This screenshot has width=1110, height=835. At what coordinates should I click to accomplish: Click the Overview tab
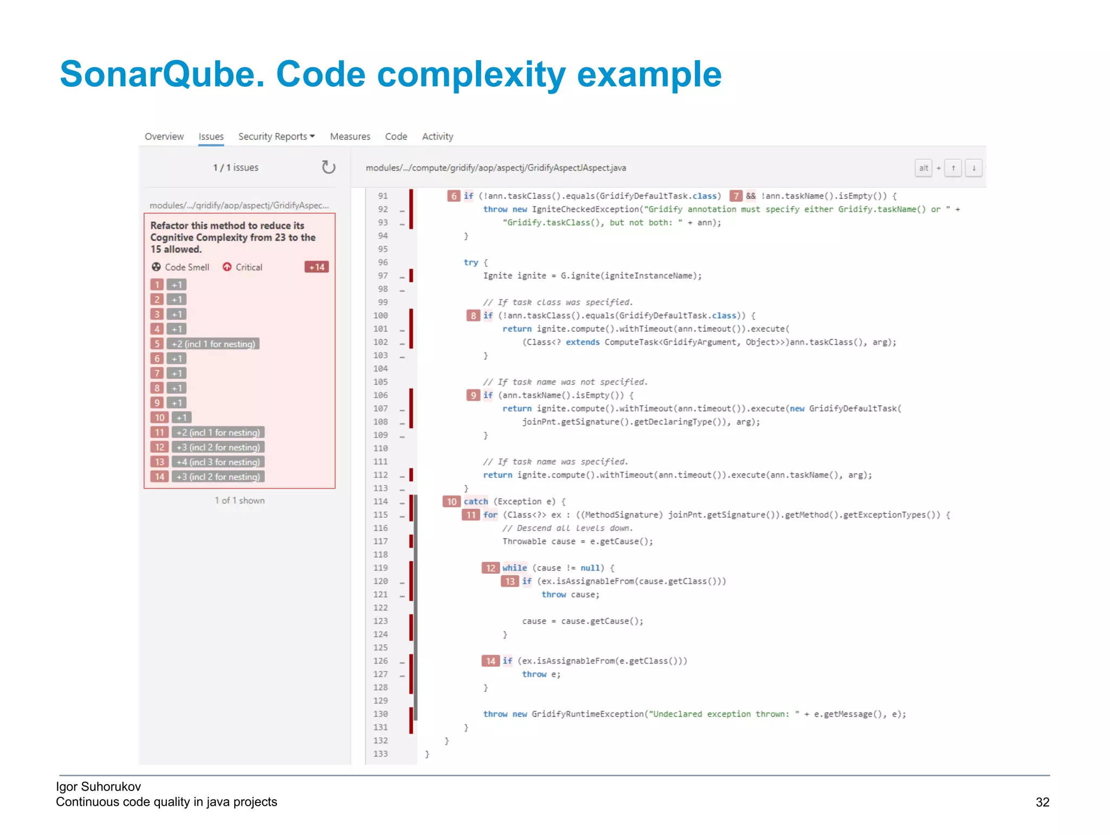tap(164, 137)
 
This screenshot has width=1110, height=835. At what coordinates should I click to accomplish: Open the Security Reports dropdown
tap(276, 137)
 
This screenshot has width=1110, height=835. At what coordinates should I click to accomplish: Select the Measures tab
tap(350, 137)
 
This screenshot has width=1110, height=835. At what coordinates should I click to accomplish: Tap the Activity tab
tap(437, 137)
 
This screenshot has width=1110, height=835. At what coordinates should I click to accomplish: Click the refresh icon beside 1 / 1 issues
tap(328, 167)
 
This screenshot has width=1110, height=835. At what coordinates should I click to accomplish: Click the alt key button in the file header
tap(923, 168)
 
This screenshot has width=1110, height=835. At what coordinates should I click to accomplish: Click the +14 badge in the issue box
tap(317, 267)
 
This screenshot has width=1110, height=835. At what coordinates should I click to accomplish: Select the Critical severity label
tap(243, 267)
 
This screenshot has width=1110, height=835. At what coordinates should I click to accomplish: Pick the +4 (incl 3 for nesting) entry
tap(218, 462)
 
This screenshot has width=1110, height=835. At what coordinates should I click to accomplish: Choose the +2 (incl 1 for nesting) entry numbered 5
tap(213, 344)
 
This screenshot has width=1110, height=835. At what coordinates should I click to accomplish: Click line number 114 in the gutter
tap(380, 502)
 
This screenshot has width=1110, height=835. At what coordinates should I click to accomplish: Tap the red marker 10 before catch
tap(451, 502)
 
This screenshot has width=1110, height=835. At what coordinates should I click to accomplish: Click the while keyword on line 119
tap(514, 568)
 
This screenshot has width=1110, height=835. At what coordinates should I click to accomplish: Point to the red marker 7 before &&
tap(735, 196)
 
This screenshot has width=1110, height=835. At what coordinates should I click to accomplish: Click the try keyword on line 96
tap(470, 262)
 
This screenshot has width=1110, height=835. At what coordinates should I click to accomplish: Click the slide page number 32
tap(1042, 802)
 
